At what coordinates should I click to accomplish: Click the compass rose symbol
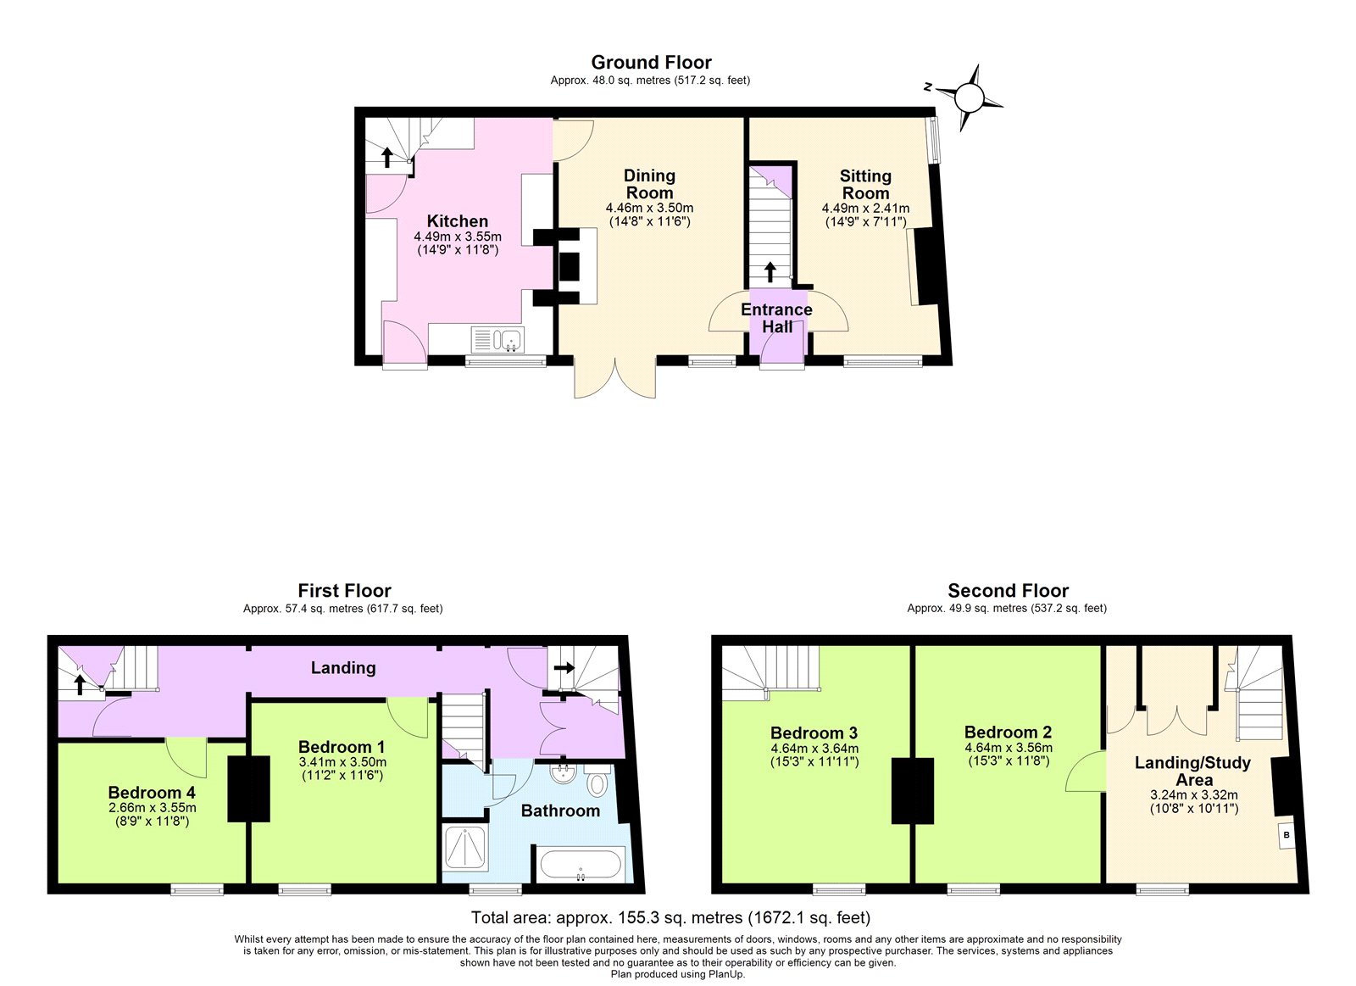pos(970,98)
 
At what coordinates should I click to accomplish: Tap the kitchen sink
pos(498,340)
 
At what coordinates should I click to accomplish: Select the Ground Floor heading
pos(651,62)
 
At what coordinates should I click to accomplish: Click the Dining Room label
pos(649,184)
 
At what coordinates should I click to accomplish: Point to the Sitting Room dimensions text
pos(865,214)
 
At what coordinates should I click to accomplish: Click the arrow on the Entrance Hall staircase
pos(770,271)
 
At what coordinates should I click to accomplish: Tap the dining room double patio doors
pos(615,379)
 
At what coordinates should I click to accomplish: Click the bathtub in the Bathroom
pos(581,866)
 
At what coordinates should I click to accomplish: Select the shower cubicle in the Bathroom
pos(465,849)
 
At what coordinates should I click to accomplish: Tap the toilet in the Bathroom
pos(597,781)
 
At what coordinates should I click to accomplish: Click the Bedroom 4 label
pos(152,792)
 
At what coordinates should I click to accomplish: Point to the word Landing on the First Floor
pos(343,667)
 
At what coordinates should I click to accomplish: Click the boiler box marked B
pos(1287,835)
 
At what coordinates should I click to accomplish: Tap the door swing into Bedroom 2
pos(1086,772)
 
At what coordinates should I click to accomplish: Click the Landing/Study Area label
pos(1192,771)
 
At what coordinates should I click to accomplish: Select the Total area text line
pos(670,917)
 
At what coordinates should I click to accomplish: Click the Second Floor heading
pos(1008,590)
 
